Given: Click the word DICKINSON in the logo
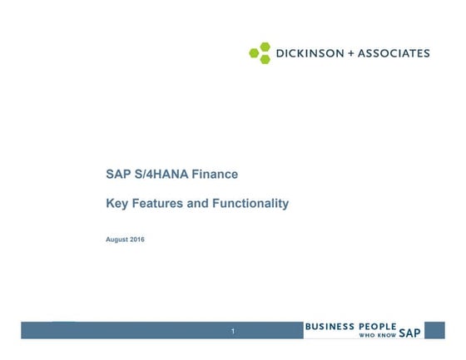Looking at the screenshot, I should (x=309, y=53).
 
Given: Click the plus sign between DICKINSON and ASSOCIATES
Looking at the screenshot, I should (x=350, y=53).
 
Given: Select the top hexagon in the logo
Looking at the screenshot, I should (x=265, y=47).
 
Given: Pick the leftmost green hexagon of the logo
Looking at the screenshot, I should (x=255, y=53).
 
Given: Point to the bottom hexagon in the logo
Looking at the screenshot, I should (x=265, y=59).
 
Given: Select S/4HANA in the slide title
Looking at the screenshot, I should (x=161, y=175).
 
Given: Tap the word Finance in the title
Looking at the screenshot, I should (x=215, y=175).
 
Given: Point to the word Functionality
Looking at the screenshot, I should (x=251, y=203).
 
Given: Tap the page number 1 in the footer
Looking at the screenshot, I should (x=234, y=333).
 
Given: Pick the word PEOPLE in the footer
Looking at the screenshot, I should (x=377, y=327).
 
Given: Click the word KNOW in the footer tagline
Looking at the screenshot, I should (x=387, y=335).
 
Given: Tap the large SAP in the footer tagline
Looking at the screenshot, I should (x=409, y=333).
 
